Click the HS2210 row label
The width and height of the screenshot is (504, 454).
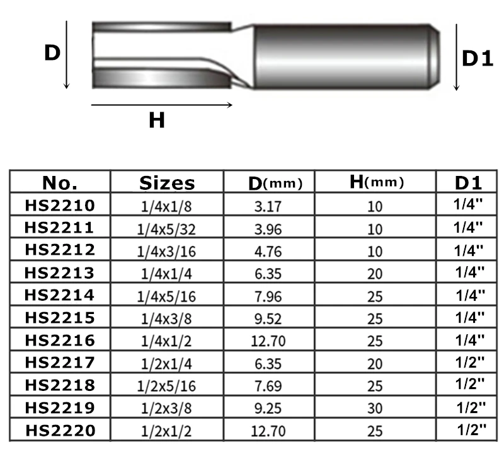pyautogui.click(x=60, y=206)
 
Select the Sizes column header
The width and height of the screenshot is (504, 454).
pyautogui.click(x=167, y=183)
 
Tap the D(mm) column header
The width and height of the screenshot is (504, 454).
pyautogui.click(x=275, y=183)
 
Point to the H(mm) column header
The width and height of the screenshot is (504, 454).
pyautogui.click(x=376, y=182)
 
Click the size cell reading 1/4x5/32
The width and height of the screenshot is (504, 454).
pyautogui.click(x=166, y=230)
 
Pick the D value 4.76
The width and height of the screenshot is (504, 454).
pyautogui.click(x=268, y=252)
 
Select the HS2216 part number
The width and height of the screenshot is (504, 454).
pyautogui.click(x=60, y=340)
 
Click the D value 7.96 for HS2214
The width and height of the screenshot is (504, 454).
pyautogui.click(x=268, y=296)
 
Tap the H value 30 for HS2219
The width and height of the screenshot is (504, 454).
pyautogui.click(x=375, y=409)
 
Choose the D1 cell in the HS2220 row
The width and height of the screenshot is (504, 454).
pyautogui.click(x=471, y=429)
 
